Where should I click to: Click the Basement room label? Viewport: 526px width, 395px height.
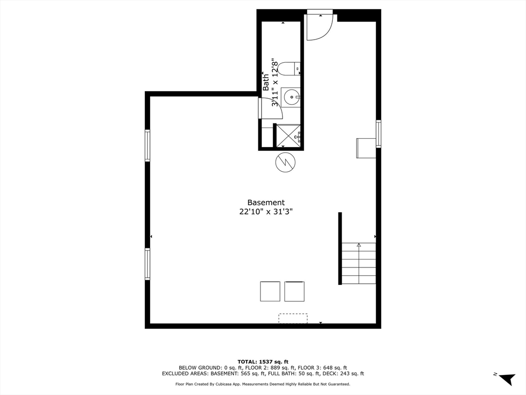pyautogui.click(x=266, y=203)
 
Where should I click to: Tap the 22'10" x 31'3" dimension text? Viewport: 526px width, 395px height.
pyautogui.click(x=266, y=211)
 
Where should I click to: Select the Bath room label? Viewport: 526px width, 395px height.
pyautogui.click(x=266, y=82)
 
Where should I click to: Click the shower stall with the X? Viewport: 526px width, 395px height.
pyautogui.click(x=288, y=136)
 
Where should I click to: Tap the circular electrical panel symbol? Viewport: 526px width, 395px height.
pyautogui.click(x=286, y=163)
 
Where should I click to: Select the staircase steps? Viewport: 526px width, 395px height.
pyautogui.click(x=359, y=263)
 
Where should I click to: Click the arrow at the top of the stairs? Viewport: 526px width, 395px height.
pyautogui.click(x=359, y=245)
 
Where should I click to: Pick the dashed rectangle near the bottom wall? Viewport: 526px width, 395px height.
pyautogui.click(x=293, y=318)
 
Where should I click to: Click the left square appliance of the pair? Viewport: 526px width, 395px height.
pyautogui.click(x=270, y=291)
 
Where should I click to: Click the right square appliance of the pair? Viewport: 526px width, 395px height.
pyautogui.click(x=294, y=291)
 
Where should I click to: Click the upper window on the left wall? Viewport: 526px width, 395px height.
pyautogui.click(x=147, y=146)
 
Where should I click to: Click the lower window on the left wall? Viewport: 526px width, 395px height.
pyautogui.click(x=147, y=264)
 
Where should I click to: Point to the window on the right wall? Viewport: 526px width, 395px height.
pyautogui.click(x=379, y=134)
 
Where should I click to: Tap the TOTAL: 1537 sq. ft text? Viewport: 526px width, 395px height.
pyautogui.click(x=262, y=362)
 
